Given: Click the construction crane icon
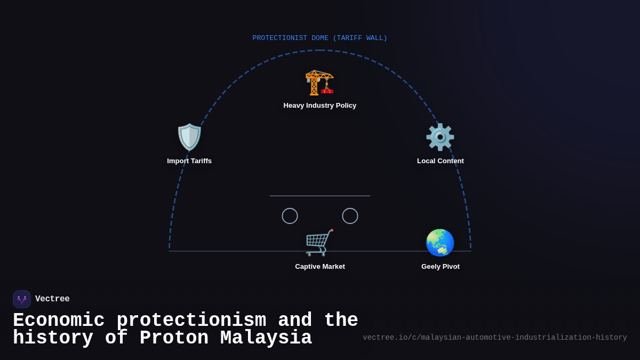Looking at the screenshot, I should pyautogui.click(x=319, y=83).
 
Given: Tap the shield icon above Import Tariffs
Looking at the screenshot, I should pyautogui.click(x=189, y=137).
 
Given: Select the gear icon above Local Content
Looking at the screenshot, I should pyautogui.click(x=440, y=137).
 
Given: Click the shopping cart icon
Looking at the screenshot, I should pyautogui.click(x=319, y=243).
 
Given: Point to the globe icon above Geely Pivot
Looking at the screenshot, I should pyautogui.click(x=440, y=243).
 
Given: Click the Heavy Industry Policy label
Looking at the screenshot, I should pyautogui.click(x=320, y=106).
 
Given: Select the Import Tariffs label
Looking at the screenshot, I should pyautogui.click(x=189, y=161).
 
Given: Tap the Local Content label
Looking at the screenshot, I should pyautogui.click(x=441, y=161).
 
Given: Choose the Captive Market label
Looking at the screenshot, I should pyautogui.click(x=320, y=267).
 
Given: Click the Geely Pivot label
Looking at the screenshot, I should pyautogui.click(x=441, y=267).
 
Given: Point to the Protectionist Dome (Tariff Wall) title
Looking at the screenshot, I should pyautogui.click(x=320, y=38).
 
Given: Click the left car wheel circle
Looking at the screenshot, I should pyautogui.click(x=290, y=216).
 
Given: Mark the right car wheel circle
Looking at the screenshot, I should pyautogui.click(x=350, y=216).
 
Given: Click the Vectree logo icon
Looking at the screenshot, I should pyautogui.click(x=22, y=299).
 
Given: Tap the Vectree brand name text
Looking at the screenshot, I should pyautogui.click(x=52, y=299).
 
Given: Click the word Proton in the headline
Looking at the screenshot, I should pyautogui.click(x=174, y=338).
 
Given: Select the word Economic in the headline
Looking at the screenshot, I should pyautogui.click(x=59, y=321).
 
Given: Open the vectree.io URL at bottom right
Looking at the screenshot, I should pyautogui.click(x=495, y=338).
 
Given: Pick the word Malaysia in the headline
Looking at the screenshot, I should pyautogui.click(x=266, y=338).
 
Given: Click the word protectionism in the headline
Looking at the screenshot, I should pyautogui.click(x=191, y=321).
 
